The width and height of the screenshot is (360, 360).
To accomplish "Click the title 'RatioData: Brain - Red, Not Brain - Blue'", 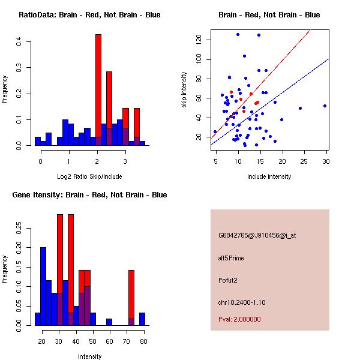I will (89, 15).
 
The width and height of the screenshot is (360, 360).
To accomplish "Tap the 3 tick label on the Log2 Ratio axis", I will (125, 161).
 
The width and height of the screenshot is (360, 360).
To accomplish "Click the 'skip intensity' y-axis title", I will (184, 90).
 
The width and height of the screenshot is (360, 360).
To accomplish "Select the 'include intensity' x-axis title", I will (269, 176).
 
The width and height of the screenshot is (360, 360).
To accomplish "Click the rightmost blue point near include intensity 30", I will (325, 106).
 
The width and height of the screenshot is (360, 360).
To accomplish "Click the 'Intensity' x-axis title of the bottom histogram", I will (89, 356).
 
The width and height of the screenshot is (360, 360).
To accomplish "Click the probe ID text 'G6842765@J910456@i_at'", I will (257, 235).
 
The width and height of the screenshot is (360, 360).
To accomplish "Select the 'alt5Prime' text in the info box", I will (231, 258).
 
